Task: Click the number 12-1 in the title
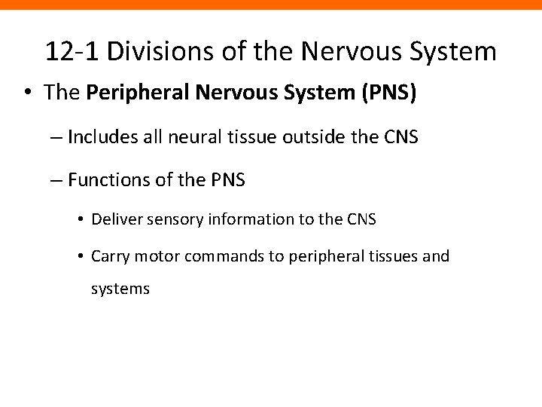point(72,51)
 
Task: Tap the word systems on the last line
point(120,288)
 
